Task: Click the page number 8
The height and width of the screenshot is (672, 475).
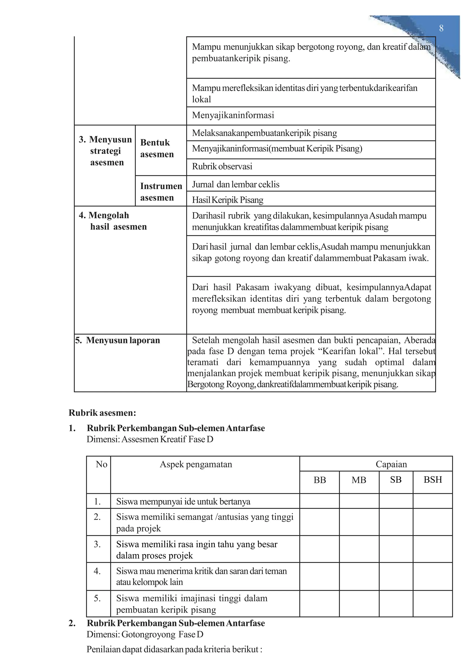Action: (x=441, y=28)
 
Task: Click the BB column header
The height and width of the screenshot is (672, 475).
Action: (x=319, y=480)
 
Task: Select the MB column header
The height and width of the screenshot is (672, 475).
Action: (x=359, y=480)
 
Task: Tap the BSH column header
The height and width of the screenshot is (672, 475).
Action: (x=433, y=480)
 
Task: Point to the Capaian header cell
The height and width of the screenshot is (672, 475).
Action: (x=391, y=464)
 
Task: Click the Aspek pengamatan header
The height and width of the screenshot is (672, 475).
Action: (x=196, y=464)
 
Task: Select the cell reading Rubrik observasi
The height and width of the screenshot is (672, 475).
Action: (x=222, y=167)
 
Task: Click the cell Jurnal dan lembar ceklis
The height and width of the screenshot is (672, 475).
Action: (x=235, y=184)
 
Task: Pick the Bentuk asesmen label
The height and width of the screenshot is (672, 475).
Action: (x=157, y=148)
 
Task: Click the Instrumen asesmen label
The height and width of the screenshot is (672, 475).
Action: (x=161, y=192)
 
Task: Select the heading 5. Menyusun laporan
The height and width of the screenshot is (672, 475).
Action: (x=118, y=340)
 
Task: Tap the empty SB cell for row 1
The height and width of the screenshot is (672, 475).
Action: (x=396, y=501)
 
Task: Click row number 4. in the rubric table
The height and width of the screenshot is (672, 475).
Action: (x=97, y=571)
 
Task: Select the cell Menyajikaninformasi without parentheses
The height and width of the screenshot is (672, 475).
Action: (x=233, y=115)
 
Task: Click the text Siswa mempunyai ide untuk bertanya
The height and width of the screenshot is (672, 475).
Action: (x=183, y=502)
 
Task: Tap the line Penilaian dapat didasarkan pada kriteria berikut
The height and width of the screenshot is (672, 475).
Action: (x=174, y=649)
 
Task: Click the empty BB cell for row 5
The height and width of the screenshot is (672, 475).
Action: (x=319, y=604)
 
